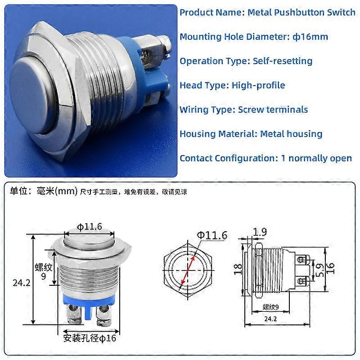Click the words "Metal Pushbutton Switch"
click(x=301, y=12)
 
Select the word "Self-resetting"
click(x=283, y=61)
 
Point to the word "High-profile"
click(x=258, y=85)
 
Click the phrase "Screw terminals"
click(x=273, y=109)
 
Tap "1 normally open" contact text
click(x=320, y=158)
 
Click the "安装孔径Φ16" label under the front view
click(x=90, y=337)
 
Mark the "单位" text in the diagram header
click(x=19, y=191)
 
